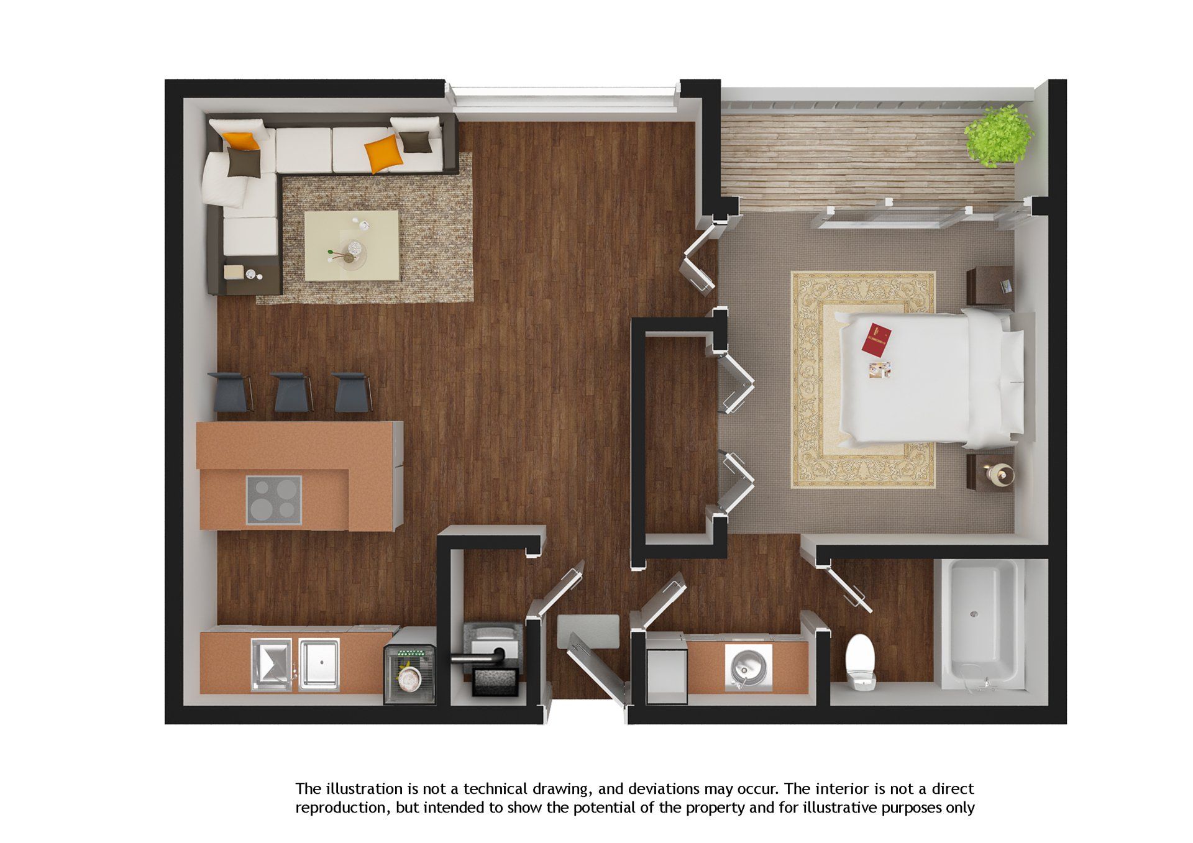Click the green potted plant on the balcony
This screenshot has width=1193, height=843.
point(998,135)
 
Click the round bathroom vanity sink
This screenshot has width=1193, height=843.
point(747,667)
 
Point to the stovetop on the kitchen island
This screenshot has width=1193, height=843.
point(273,499)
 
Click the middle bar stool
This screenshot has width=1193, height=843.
point(292,391)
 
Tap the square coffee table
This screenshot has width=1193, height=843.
point(352,245)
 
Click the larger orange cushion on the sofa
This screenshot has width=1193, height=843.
point(382,153)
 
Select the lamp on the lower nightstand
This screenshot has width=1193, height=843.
point(999,475)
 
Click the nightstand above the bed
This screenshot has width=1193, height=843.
point(990,286)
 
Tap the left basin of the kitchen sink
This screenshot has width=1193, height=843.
point(271,665)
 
